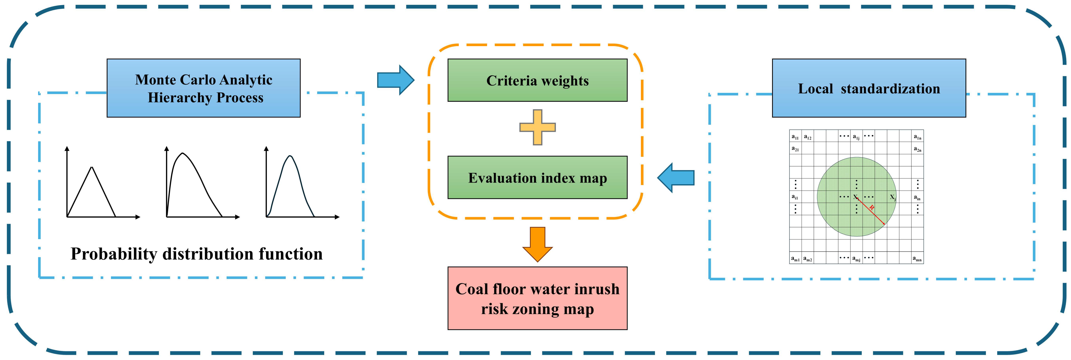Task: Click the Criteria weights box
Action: tap(537, 80)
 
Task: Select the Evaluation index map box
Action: tap(537, 177)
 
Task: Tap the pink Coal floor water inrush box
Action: tap(537, 298)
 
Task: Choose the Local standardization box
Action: tap(869, 88)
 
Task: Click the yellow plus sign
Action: tap(537, 127)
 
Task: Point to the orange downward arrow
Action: tap(537, 244)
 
